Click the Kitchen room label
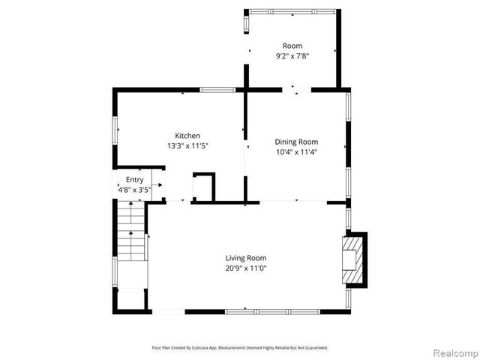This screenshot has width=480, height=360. coord(187,136)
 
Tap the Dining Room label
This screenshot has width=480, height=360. coord(296,142)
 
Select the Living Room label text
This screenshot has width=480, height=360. coord(246,258)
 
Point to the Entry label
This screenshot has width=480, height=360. coord(134,180)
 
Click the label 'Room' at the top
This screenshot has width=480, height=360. coord(292,46)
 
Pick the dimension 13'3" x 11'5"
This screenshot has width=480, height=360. coord(187,146)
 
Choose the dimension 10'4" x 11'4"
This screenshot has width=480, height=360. coord(296,152)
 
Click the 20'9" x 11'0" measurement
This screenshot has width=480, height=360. coord(246,268)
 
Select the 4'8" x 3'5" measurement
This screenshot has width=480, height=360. coord(135,190)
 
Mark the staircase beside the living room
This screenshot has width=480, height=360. coord(131,232)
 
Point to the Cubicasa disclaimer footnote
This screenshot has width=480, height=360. coord(240,349)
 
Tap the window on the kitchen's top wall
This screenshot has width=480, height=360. coord(217,91)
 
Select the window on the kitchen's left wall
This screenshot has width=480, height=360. coord(115,130)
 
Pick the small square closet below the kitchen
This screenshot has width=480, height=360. coord(204,187)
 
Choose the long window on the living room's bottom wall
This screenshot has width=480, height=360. coord(273,311)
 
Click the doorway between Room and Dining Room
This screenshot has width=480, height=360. coord(296,91)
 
